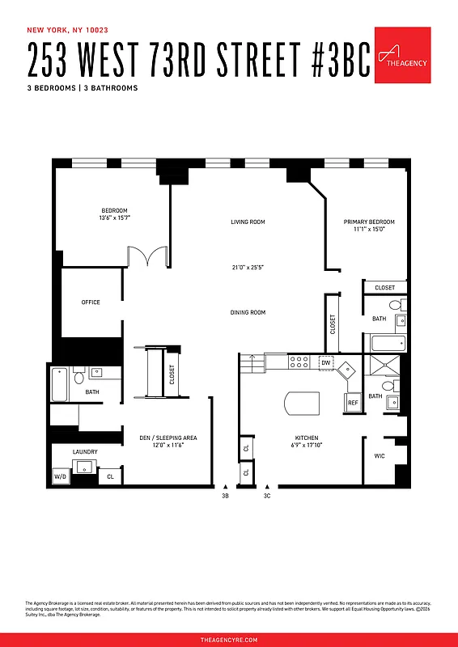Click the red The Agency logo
click(402, 54)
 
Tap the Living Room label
click(248, 222)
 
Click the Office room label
click(91, 302)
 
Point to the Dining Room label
click(248, 312)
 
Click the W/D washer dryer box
click(61, 476)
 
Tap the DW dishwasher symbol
click(326, 362)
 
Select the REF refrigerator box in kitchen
click(353, 402)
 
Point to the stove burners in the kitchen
click(301, 362)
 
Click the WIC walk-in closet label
click(380, 456)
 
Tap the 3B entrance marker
click(225, 496)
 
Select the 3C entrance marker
click(266, 496)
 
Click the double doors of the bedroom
click(148, 256)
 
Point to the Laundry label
click(85, 451)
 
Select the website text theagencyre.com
click(229, 639)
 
